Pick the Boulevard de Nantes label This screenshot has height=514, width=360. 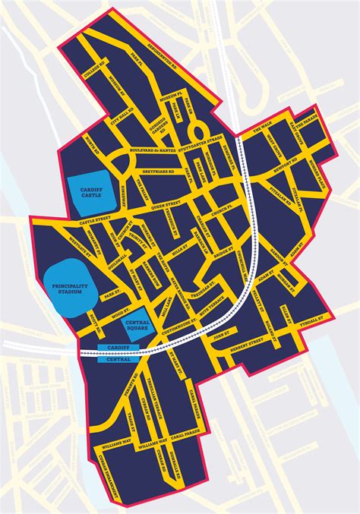[156, 151]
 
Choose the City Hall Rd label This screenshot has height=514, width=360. [123, 120]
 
